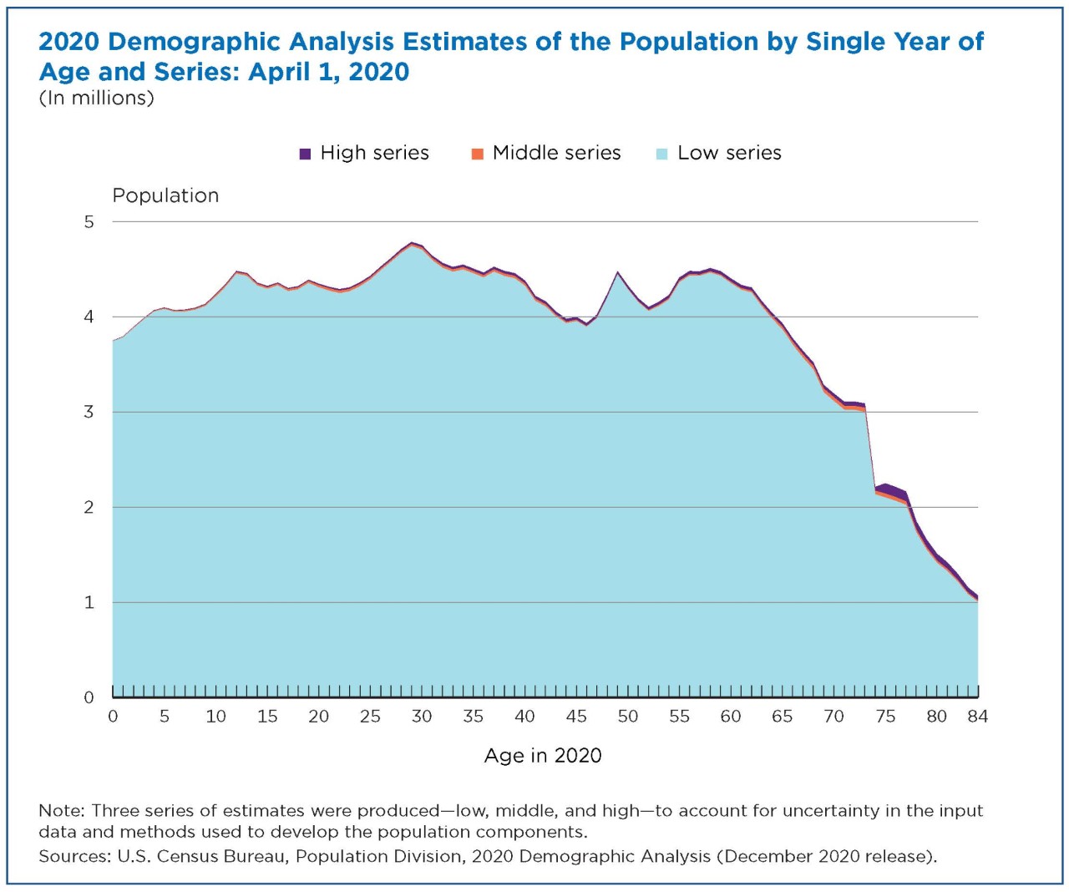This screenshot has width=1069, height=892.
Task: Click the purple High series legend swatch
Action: [305, 154]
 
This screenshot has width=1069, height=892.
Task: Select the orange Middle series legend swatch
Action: [478, 154]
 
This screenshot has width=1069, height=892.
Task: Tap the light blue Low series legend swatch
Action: [662, 154]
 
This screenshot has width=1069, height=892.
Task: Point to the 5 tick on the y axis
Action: [89, 222]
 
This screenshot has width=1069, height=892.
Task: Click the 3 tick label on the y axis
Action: [89, 413]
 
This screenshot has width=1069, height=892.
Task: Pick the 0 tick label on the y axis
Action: [89, 697]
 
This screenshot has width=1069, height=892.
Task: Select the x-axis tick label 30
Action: [422, 717]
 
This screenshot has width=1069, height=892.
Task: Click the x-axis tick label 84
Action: [977, 717]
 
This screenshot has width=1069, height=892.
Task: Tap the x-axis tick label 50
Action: [627, 717]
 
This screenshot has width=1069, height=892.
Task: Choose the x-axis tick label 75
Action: [885, 717]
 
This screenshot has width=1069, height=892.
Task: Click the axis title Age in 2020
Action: [543, 756]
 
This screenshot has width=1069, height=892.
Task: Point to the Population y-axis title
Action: [165, 195]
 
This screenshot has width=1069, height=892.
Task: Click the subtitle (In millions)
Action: [96, 99]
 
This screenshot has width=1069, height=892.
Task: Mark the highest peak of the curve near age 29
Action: [411, 243]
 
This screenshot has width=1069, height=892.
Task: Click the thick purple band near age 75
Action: [888, 489]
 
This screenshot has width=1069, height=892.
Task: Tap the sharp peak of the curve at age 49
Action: [617, 272]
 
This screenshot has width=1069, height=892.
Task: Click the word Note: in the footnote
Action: [62, 811]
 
